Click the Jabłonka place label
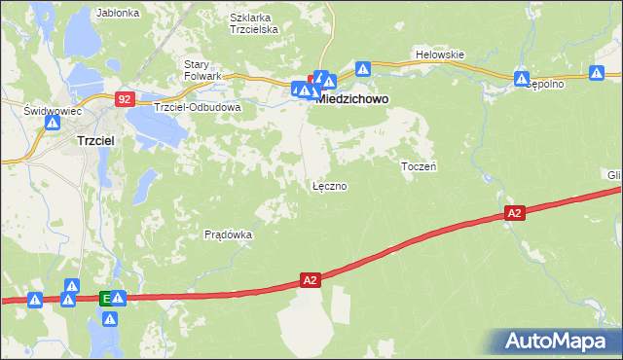(x=119, y=14)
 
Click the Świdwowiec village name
(x=51, y=112)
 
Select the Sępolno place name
(x=545, y=85)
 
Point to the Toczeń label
(x=419, y=166)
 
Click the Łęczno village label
(x=329, y=185)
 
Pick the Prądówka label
(x=229, y=234)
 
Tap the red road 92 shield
(x=124, y=98)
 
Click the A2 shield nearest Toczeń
(x=515, y=212)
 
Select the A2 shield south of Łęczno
(x=310, y=280)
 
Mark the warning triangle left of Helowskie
(x=363, y=69)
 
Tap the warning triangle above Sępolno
(x=522, y=78)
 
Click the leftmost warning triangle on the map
(x=35, y=301)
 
